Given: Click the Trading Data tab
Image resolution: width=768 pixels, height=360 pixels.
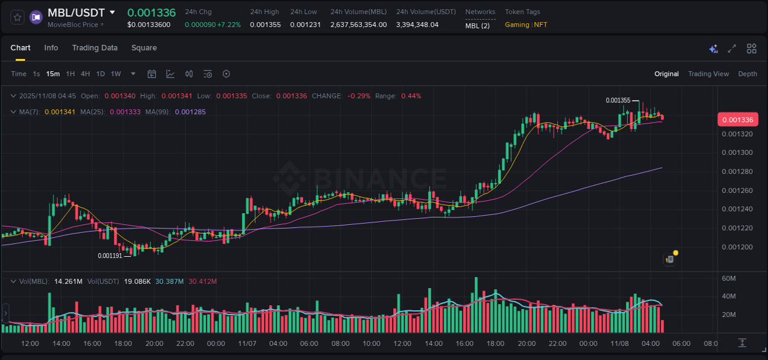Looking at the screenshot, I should point(95,48).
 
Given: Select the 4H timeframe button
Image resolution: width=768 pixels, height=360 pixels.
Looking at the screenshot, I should point(85,74).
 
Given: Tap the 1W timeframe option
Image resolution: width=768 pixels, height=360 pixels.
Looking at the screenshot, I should point(116,74).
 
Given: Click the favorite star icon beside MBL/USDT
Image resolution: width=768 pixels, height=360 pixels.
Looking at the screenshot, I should point(18,17).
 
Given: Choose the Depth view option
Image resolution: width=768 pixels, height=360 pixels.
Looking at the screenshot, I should point(747,74).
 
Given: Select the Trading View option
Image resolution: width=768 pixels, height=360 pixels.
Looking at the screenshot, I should point(708,74).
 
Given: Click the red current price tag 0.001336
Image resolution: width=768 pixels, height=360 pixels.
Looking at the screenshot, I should point(737,119).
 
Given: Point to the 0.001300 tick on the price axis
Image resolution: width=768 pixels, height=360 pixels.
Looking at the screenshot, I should point(737,152).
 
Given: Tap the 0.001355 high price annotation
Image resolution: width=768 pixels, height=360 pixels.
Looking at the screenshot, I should point(617,100).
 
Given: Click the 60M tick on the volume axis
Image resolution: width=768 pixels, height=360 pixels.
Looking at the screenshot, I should point(729,278).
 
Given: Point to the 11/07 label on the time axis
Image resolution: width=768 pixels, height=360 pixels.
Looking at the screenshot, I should point(247,343).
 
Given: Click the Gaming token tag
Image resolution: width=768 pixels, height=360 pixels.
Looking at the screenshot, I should point(517,25).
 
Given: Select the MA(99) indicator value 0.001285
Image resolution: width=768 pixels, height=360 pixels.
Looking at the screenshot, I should point(190,112).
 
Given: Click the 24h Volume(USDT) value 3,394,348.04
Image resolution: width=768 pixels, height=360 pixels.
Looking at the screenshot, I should point(417,25).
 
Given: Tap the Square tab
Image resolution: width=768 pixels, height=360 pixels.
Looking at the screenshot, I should point(144,48).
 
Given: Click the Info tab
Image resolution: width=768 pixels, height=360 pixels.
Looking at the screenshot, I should point(51,48).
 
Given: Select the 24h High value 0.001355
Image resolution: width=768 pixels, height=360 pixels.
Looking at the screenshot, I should point(265,25).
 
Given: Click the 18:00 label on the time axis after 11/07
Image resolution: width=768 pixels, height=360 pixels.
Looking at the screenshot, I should point(495,343).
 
